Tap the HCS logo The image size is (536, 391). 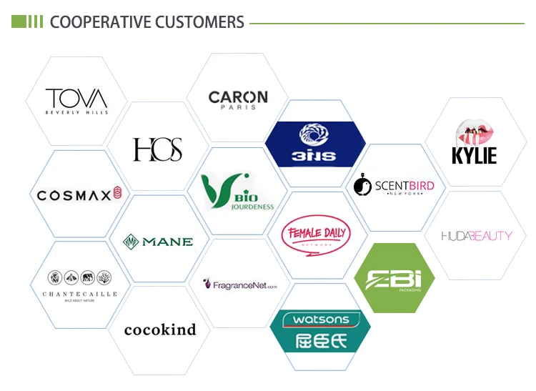coord(157,149)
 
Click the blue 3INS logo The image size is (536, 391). coord(310,144)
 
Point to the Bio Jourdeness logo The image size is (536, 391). coord(237,193)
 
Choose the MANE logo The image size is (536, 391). coord(158,241)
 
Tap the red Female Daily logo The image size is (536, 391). coord(316,236)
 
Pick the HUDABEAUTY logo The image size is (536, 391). coord(477,235)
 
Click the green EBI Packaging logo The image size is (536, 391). coord(394,279)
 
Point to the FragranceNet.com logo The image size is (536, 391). coord(240,284)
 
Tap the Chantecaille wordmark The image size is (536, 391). coord(79,294)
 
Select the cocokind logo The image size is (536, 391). coord(159,330)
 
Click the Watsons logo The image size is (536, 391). coord(319,330)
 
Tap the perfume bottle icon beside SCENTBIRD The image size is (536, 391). coord(363,186)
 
